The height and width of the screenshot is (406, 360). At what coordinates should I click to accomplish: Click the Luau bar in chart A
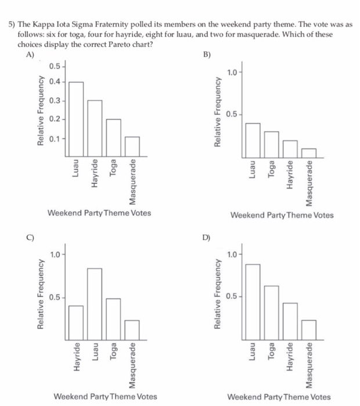click(x=76, y=119)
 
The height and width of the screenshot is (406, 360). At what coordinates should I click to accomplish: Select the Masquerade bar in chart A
click(x=133, y=147)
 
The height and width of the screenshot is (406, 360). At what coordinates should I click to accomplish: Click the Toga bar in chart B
click(x=271, y=144)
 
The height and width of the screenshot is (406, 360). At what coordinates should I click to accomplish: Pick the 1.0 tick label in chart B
click(x=232, y=72)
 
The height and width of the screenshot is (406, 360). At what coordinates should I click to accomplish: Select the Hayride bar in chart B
click(x=290, y=148)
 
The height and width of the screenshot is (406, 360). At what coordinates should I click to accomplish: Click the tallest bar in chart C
click(x=95, y=302)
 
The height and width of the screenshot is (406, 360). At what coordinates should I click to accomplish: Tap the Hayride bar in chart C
click(x=76, y=321)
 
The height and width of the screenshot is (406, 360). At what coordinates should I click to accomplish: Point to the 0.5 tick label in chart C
click(x=55, y=298)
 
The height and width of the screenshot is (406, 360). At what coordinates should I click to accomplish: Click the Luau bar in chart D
click(x=253, y=300)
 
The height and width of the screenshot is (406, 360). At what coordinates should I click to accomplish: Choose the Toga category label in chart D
click(x=271, y=353)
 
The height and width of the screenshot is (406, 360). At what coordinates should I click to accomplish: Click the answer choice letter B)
click(x=206, y=55)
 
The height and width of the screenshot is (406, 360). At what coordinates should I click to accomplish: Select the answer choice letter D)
click(x=206, y=237)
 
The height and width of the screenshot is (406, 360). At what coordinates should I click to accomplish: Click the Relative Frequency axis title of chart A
click(x=41, y=110)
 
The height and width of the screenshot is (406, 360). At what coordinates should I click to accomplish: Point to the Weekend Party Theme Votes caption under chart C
click(x=105, y=397)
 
